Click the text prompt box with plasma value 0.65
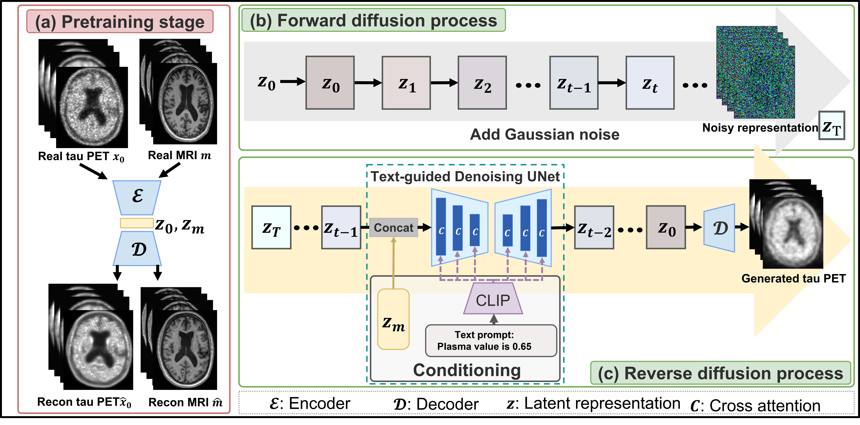click(491, 341)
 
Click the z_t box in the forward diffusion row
click(650, 83)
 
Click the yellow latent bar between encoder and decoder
click(137, 223)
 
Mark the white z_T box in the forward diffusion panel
click(831, 126)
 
